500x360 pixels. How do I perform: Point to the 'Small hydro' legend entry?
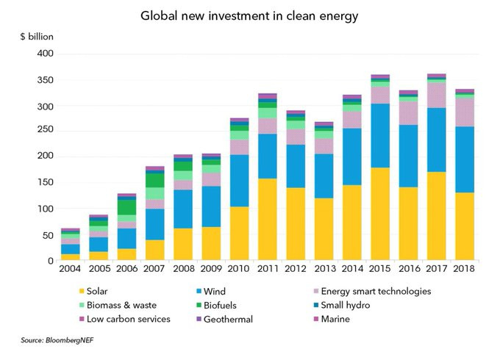tap(363, 305)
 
